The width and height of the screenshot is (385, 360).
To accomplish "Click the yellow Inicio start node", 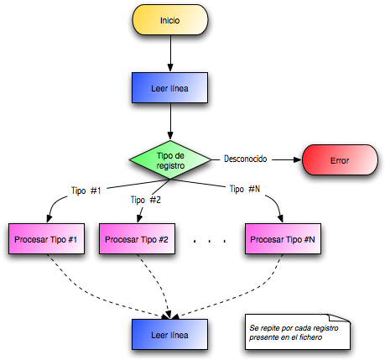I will click(169, 20).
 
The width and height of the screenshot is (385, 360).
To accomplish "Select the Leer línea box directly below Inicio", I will click(169, 87).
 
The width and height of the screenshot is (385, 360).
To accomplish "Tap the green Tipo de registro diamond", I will click(170, 159).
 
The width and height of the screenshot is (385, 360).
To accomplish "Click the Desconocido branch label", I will click(245, 159).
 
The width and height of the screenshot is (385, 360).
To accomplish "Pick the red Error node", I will click(340, 159).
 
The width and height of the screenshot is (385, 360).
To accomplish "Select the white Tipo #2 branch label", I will click(146, 201).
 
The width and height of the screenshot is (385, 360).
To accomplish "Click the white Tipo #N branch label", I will click(245, 190).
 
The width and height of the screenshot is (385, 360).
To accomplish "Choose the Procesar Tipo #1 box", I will click(46, 240).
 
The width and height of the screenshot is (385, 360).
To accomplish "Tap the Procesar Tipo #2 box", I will click(137, 240).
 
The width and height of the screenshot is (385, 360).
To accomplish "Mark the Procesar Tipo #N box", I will click(283, 240).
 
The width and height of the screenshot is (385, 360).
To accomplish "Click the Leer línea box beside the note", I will click(169, 335).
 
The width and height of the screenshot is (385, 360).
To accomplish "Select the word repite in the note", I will click(271, 327).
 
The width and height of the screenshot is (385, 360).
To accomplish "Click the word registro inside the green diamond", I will click(170, 165).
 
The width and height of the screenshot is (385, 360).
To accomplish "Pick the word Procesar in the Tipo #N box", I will click(268, 240).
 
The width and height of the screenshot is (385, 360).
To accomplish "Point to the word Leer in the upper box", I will click(159, 87).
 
